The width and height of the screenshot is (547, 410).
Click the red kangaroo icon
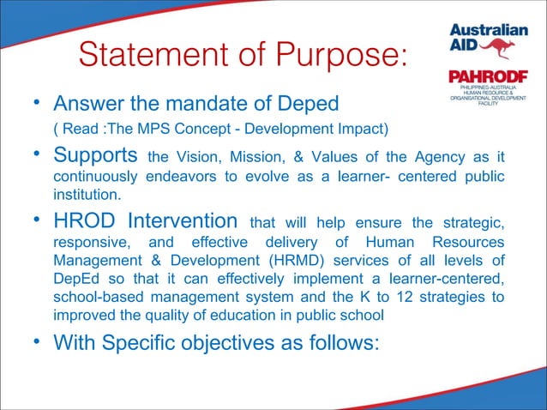point(496,47)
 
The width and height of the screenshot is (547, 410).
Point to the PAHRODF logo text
point(484,77)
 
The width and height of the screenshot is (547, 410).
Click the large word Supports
point(97,156)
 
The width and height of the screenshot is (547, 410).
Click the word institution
point(82,194)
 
